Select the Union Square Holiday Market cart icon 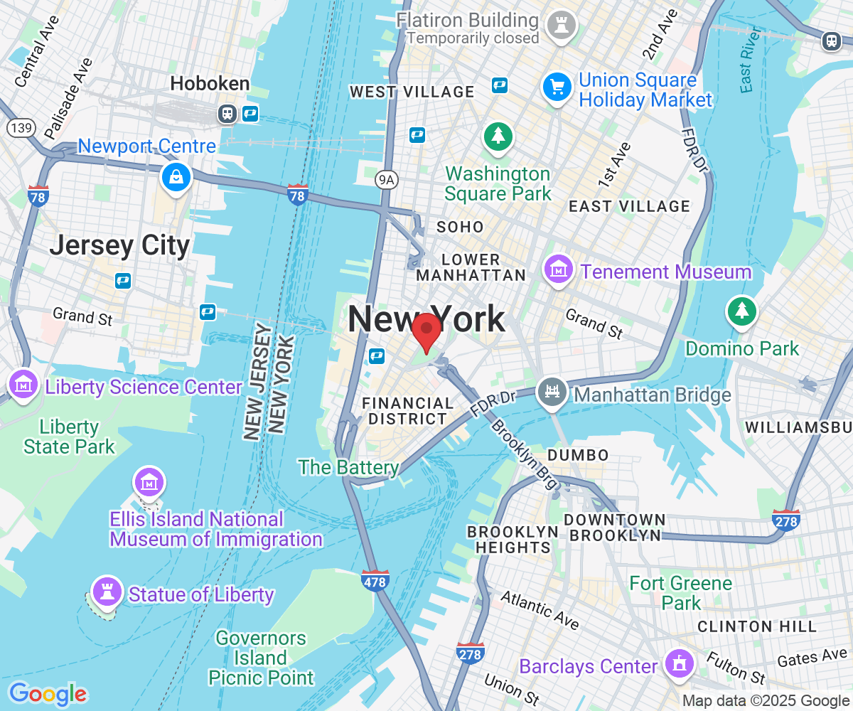tap(557, 88)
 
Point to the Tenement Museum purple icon tap(559, 270)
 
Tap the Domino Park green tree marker tap(741, 311)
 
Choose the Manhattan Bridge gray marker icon tap(552, 390)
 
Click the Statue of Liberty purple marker tap(107, 591)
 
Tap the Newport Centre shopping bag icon tap(175, 176)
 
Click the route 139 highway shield tap(18, 128)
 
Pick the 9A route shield tap(386, 180)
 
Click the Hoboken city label tap(210, 84)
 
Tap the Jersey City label tap(119, 246)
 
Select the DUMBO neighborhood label tap(578, 455)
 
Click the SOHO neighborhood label tap(460, 228)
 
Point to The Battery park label tap(348, 467)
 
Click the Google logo tap(48, 693)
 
